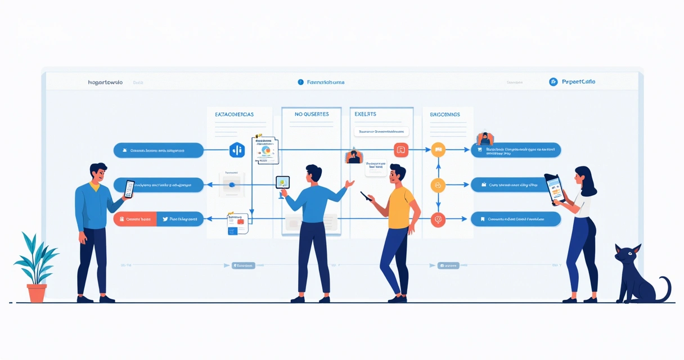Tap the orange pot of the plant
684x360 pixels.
point(37,292)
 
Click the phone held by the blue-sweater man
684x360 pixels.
point(129,188)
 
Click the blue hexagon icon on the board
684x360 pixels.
point(237,150)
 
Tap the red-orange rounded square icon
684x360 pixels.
point(401,150)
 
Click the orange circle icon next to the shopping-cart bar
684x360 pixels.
point(438,150)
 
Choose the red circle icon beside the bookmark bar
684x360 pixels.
point(438,219)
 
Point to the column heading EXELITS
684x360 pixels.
point(366,114)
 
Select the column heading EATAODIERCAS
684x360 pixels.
point(234,114)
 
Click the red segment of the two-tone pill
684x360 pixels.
point(134,219)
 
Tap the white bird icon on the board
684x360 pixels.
point(165,219)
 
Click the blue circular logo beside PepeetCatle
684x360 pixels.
point(553,82)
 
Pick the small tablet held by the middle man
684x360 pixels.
point(282,182)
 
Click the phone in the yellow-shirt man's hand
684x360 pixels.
point(366,196)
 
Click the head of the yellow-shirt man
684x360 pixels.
point(397,175)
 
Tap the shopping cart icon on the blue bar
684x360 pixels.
point(480,150)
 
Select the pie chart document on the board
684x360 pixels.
point(265,150)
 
